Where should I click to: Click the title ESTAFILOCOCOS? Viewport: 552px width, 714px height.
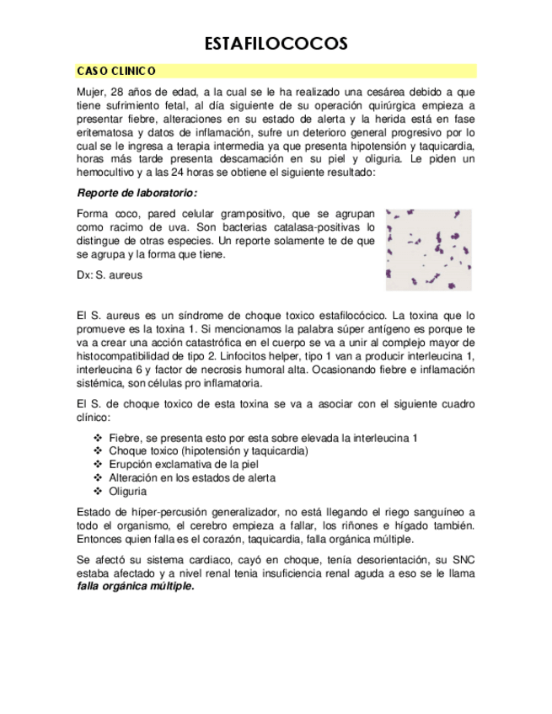pos(276,43)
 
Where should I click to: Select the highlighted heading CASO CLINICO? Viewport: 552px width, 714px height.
pos(116,72)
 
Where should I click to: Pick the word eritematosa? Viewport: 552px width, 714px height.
pos(107,132)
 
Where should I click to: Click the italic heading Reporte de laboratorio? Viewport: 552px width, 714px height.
pos(137,193)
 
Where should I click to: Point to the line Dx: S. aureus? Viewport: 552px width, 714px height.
pos(110,274)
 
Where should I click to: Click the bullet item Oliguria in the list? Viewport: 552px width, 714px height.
pos(128,491)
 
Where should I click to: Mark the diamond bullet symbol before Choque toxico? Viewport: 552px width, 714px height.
pos(98,450)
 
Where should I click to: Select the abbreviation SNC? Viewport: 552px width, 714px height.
pos(463,559)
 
